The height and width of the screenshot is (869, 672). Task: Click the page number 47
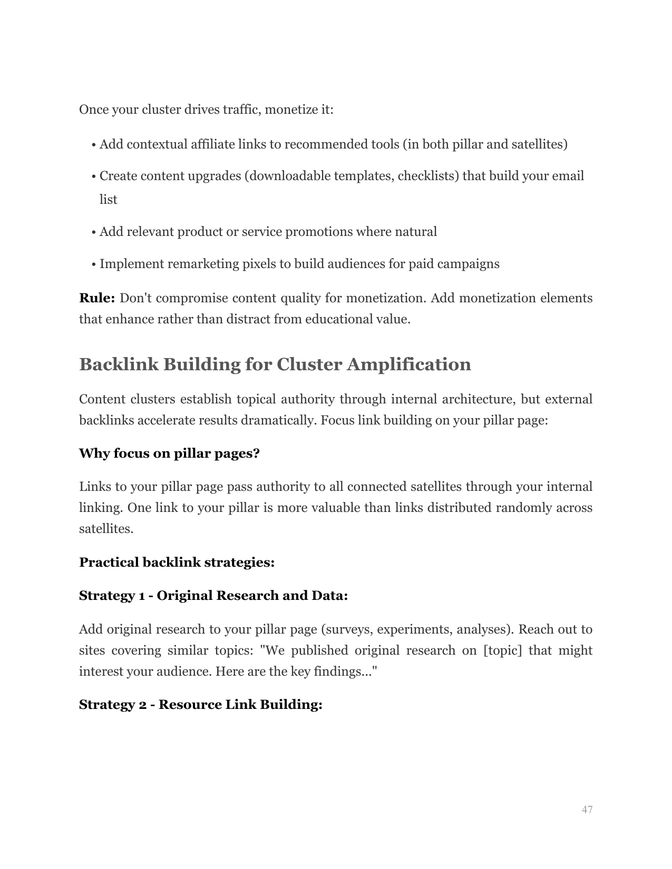(x=587, y=809)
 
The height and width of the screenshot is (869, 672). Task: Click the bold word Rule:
(x=97, y=298)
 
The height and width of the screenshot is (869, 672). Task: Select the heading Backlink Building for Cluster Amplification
(x=275, y=364)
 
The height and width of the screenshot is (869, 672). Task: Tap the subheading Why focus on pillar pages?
(x=169, y=453)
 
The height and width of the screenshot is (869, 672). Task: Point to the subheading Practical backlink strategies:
(x=177, y=562)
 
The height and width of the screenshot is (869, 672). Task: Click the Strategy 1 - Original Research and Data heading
(x=213, y=596)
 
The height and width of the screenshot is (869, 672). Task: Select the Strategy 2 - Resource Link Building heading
(x=200, y=705)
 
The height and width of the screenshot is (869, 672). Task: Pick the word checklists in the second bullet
(x=428, y=176)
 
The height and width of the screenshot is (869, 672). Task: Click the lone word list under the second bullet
(x=108, y=200)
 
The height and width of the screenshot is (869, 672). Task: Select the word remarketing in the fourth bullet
(x=202, y=264)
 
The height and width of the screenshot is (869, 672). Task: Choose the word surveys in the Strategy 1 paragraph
(x=345, y=629)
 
